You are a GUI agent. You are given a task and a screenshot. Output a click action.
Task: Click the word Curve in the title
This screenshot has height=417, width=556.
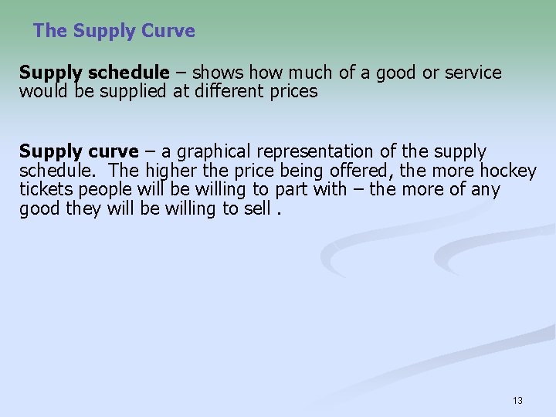pyautogui.click(x=169, y=31)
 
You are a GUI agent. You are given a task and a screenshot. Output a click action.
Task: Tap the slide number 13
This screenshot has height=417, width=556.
pyautogui.click(x=517, y=400)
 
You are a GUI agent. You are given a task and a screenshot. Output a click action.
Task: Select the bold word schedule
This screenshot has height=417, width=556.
pyautogui.click(x=128, y=73)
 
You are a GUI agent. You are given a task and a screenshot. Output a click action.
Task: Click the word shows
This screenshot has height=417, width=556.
pyautogui.click(x=215, y=73)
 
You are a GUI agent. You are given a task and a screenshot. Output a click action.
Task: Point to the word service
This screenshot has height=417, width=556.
pyautogui.click(x=473, y=73)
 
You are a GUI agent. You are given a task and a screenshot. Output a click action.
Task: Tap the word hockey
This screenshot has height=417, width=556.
pyautogui.click(x=508, y=171)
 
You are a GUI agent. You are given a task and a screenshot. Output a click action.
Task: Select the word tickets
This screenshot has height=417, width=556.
pyautogui.click(x=42, y=189)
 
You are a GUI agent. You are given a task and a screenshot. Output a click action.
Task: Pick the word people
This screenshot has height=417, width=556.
pyautogui.click(x=100, y=189)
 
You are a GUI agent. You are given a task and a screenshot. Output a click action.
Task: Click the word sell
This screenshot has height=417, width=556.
pyautogui.click(x=257, y=208)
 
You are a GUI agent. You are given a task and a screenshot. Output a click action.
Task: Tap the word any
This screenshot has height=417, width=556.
pyautogui.click(x=486, y=189)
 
